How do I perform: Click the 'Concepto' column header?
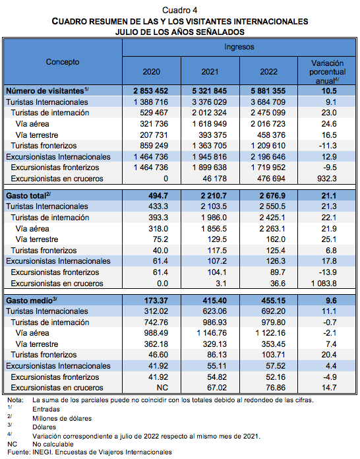pyautogui.click(x=63, y=62)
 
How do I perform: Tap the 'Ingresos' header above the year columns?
pyautogui.click(x=239, y=47)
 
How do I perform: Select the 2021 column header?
pyautogui.click(x=210, y=72)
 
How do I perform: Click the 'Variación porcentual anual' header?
pyautogui.click(x=327, y=72)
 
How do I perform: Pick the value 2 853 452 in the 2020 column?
pyautogui.click(x=151, y=91)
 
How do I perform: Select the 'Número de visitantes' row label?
pyautogui.click(x=47, y=91)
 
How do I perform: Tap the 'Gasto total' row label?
pyautogui.click(x=28, y=195)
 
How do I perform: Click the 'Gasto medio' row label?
pyautogui.click(x=32, y=300)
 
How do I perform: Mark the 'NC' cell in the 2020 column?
pyautogui.click(x=162, y=388)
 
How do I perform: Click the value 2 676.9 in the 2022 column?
pyautogui.click(x=272, y=196)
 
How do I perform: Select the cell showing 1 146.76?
pyautogui.click(x=210, y=333)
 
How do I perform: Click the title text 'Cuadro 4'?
pyautogui.click(x=180, y=11)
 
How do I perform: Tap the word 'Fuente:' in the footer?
pyautogui.click(x=18, y=452)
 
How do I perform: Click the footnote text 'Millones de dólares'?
pyautogui.click(x=62, y=419)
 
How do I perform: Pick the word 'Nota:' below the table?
pyautogui.click(x=16, y=400)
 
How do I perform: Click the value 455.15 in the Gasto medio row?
pyautogui.click(x=274, y=300)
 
